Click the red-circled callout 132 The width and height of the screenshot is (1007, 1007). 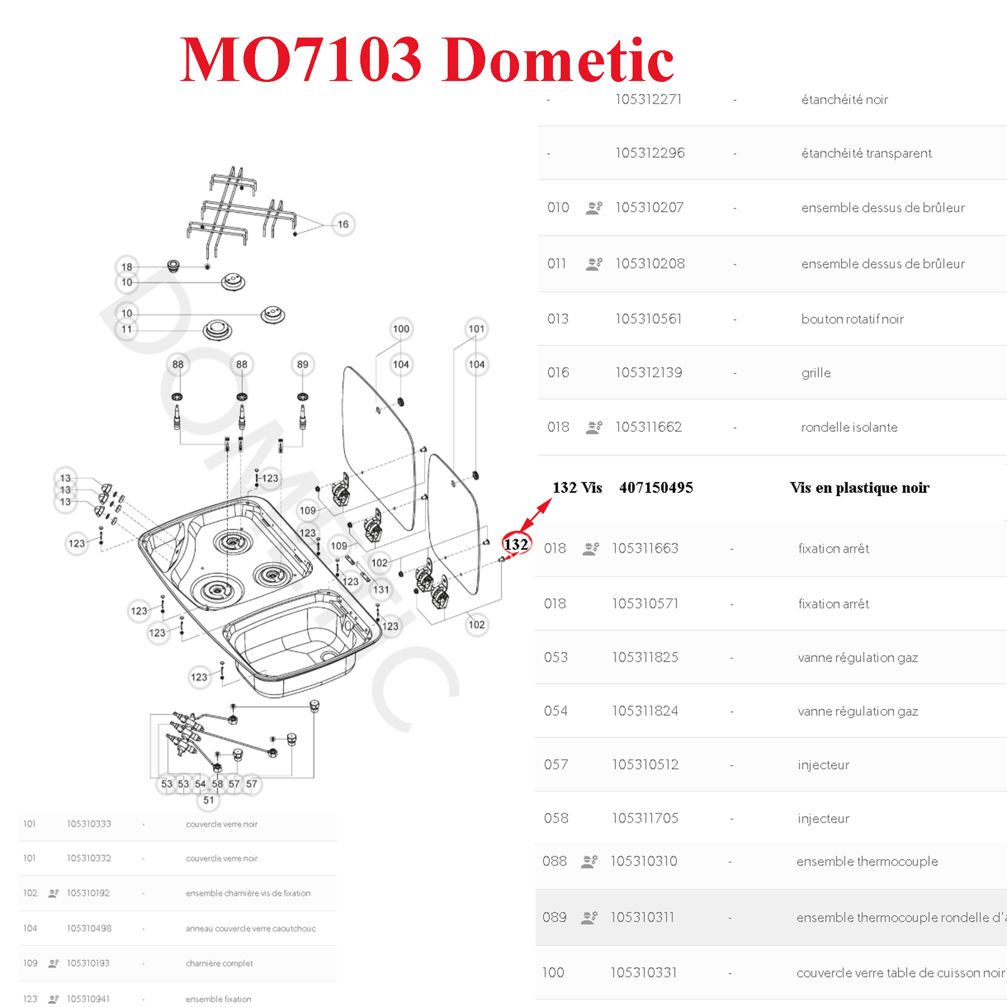[516, 544]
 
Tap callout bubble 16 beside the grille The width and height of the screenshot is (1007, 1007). [343, 224]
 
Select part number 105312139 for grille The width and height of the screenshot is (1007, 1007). [649, 372]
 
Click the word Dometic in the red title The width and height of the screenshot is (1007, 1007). [557, 60]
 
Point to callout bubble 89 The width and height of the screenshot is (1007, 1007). [302, 364]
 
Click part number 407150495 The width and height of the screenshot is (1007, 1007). [656, 487]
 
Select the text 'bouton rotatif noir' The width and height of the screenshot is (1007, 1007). [852, 319]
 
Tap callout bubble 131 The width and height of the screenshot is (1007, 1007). [381, 590]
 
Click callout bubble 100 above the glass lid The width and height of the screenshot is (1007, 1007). [401, 329]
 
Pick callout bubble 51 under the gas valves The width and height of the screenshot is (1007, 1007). [208, 800]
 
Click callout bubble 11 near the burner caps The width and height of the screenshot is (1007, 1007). [127, 330]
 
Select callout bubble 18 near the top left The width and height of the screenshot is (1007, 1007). [127, 267]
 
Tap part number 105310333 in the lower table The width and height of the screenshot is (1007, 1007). [89, 823]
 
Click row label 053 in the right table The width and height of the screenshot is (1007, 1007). [556, 657]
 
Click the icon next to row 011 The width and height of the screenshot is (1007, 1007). [594, 264]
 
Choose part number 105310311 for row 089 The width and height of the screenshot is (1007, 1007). [642, 917]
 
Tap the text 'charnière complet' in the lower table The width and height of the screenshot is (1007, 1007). [219, 963]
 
